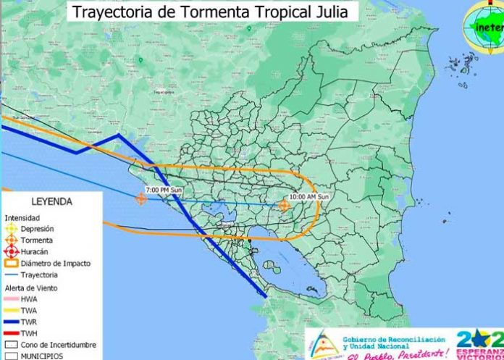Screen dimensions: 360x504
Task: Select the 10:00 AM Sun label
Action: point(309,196)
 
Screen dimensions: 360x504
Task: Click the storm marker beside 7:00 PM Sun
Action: point(141,198)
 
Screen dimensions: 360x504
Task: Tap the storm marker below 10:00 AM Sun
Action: point(284,206)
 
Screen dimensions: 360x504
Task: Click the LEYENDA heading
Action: point(51,201)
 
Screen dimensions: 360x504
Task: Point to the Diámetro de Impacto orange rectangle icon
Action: point(11,263)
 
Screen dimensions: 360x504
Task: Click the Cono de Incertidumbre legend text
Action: point(59,345)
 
